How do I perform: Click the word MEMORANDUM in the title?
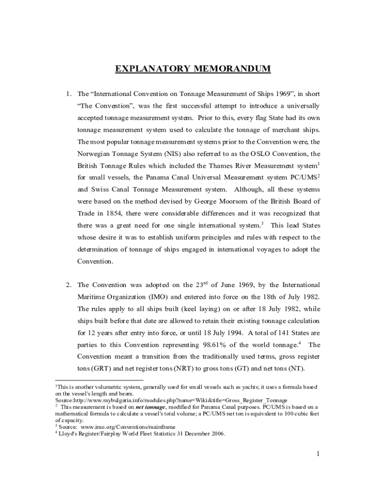coord(233,69)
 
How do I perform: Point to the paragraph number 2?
coord(69,285)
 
